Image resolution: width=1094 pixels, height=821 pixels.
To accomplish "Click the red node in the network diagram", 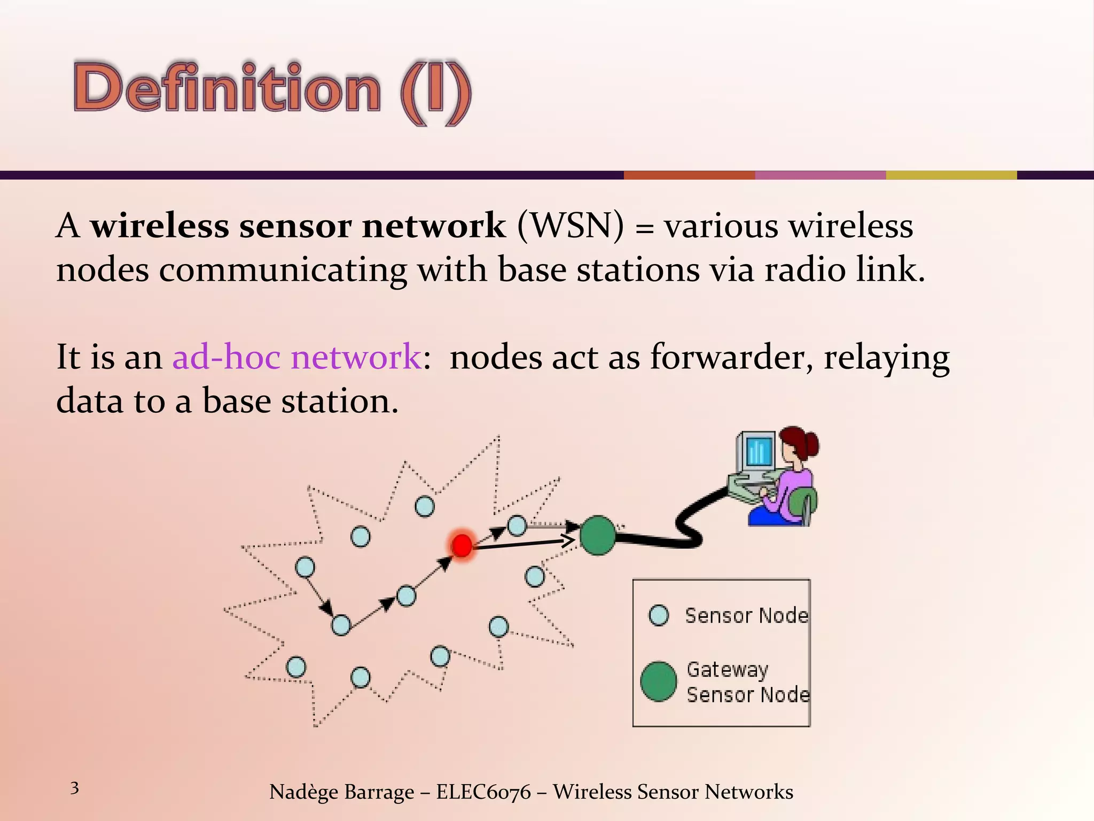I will (x=462, y=545).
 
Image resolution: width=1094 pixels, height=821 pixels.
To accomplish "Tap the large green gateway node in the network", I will (x=597, y=535).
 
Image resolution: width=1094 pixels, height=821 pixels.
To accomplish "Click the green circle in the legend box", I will (x=658, y=681).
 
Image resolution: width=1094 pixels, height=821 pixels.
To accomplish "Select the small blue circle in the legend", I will (x=658, y=615).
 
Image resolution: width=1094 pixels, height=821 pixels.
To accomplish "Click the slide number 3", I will (x=75, y=788).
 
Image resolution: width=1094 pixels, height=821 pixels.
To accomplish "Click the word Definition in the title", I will (x=227, y=88).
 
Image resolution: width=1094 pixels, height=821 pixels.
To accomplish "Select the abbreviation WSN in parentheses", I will (x=571, y=226).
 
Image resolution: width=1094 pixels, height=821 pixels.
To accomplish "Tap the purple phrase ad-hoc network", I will (x=297, y=357).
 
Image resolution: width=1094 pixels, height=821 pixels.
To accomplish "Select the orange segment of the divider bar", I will (x=689, y=175).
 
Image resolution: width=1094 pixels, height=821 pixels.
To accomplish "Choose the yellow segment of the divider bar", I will (x=951, y=175).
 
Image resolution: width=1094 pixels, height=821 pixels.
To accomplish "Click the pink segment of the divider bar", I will (x=820, y=175).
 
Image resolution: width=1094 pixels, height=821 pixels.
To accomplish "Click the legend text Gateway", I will (x=728, y=669).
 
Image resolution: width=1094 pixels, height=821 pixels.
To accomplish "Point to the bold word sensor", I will (x=295, y=226).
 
